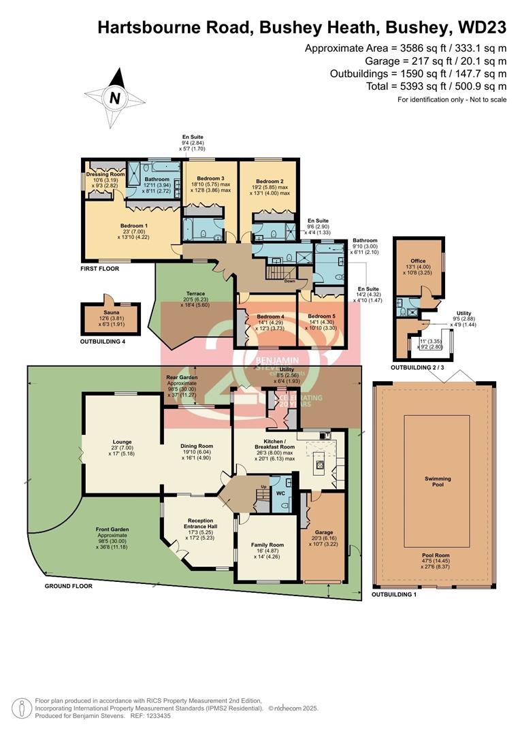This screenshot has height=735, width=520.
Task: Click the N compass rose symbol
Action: (x=114, y=98)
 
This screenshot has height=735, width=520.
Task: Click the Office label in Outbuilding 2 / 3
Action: (x=417, y=261)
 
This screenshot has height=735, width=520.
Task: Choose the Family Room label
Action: (x=266, y=544)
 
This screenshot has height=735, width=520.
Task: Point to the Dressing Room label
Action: (x=105, y=174)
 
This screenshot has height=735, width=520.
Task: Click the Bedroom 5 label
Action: (x=319, y=316)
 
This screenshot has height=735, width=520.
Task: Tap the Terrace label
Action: (x=191, y=293)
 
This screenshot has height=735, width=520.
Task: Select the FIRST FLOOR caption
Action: (x=99, y=269)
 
